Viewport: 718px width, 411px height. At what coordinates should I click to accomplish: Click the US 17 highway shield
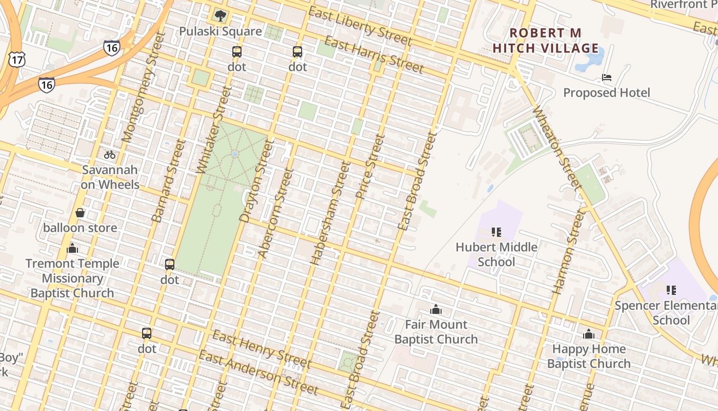click(x=16, y=60)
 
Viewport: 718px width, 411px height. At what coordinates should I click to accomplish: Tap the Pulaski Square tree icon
click(x=221, y=16)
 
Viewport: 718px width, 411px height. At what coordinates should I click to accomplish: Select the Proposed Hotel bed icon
click(x=606, y=78)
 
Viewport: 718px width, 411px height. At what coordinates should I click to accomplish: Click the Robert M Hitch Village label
click(x=546, y=41)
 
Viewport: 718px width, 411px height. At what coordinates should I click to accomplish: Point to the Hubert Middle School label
click(x=496, y=254)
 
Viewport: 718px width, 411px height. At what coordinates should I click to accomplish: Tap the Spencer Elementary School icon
click(x=671, y=290)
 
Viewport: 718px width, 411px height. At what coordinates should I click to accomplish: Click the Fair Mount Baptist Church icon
click(x=436, y=309)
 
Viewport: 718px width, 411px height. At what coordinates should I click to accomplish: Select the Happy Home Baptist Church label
click(x=589, y=356)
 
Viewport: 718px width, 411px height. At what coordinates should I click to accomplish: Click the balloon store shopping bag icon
click(x=80, y=213)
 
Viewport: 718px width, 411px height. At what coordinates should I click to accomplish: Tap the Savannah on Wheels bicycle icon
click(x=110, y=154)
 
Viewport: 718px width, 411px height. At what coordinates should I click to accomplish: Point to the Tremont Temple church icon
click(x=72, y=249)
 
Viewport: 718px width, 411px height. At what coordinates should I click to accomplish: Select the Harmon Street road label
click(x=568, y=252)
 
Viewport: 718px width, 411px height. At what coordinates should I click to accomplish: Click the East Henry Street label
click(x=262, y=350)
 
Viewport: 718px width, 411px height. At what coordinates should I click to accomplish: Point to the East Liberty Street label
click(x=360, y=26)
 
